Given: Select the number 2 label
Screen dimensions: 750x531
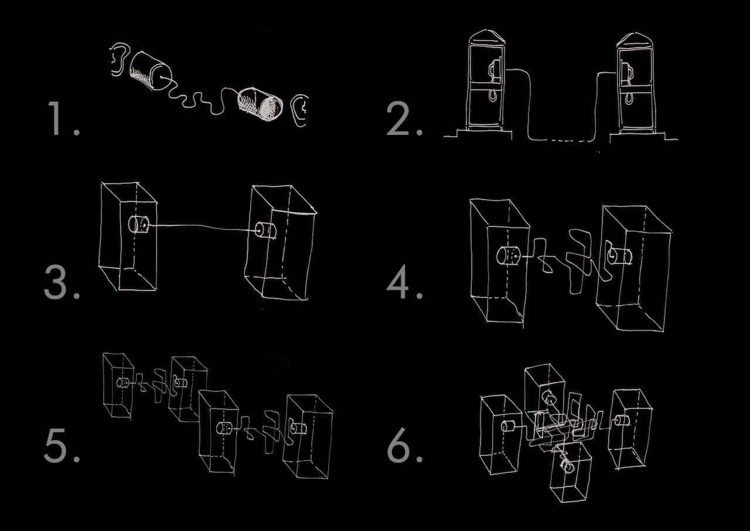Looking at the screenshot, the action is click(404, 119).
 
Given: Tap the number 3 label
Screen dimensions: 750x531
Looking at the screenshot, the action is click(62, 282).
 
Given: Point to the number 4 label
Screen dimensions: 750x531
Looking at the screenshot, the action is click(404, 282).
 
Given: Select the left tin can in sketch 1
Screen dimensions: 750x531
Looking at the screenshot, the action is click(151, 71).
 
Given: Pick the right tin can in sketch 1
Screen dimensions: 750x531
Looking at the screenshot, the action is click(260, 104).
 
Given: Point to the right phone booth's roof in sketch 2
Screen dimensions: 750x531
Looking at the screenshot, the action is click(635, 40).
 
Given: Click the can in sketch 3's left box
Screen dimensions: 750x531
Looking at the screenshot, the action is click(139, 224).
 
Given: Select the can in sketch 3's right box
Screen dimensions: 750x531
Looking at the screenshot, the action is click(265, 231).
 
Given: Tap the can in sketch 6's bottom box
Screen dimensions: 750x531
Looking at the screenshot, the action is click(568, 465).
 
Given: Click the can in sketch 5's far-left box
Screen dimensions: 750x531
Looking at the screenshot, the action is click(123, 383).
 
